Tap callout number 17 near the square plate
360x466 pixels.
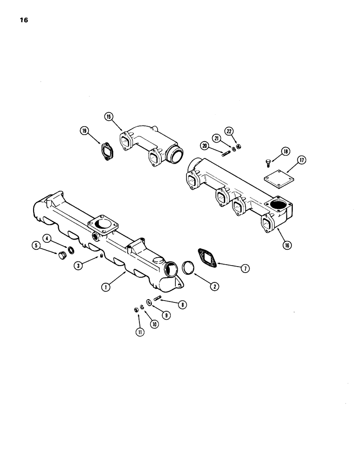point(302,160)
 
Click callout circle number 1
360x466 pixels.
point(106,288)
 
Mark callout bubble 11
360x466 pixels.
point(138,332)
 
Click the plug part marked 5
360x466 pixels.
point(62,256)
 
